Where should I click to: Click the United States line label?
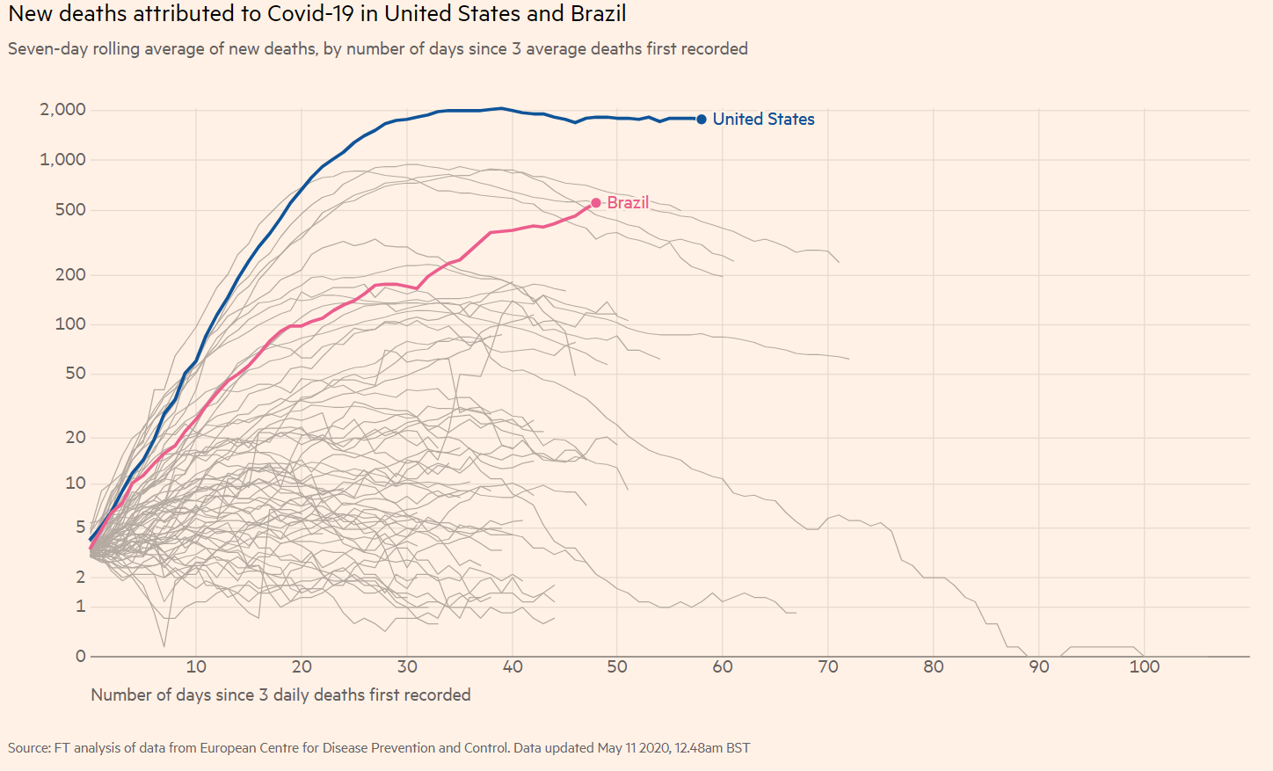coord(763,119)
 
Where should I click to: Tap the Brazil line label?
coord(628,202)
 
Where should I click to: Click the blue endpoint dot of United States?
coord(702,120)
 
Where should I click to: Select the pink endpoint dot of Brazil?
coord(596,203)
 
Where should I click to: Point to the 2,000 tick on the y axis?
coord(62,110)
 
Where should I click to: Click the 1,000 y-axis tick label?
coord(62,160)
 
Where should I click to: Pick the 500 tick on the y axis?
coord(70,210)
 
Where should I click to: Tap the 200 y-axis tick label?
coord(70,275)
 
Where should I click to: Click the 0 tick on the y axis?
coord(81,656)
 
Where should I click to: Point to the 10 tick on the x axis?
coord(196,667)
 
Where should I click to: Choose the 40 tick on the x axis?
coord(513,667)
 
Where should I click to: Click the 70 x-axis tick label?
coord(828,667)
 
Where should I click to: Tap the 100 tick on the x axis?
coord(1144,667)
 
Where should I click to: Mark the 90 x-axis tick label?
coord(1039,667)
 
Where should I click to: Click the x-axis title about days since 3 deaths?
coord(280,695)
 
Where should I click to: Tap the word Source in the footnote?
coord(29,748)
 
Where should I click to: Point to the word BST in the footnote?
coord(738,748)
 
